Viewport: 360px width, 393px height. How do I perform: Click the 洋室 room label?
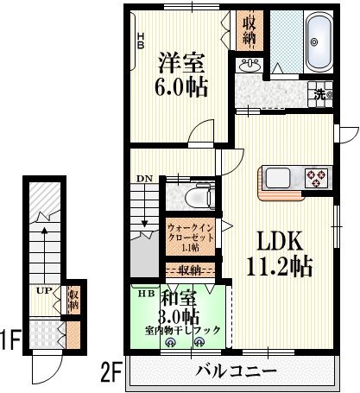click(180, 62)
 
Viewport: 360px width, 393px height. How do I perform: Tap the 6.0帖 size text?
click(180, 87)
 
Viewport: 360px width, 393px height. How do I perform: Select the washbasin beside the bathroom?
click(251, 66)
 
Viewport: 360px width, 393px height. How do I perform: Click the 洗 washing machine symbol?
click(319, 94)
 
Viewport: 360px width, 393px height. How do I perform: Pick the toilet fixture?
click(200, 195)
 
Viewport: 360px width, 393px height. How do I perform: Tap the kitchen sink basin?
click(280, 178)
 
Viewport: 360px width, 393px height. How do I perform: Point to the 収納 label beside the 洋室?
click(249, 31)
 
